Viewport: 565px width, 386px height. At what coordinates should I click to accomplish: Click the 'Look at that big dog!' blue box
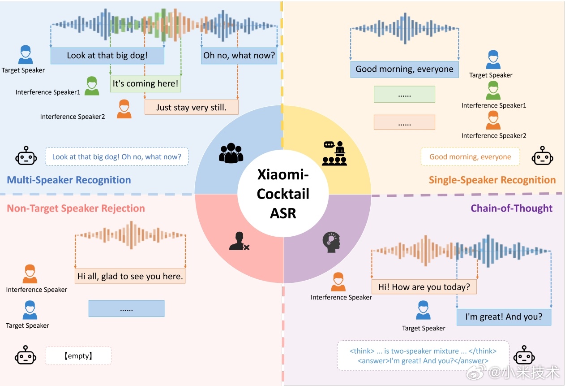click(x=107, y=56)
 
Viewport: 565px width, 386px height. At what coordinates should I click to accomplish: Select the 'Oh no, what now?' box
click(x=239, y=56)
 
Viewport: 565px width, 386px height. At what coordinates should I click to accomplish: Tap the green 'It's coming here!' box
click(x=146, y=84)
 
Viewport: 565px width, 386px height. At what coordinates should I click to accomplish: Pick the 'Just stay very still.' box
click(x=192, y=107)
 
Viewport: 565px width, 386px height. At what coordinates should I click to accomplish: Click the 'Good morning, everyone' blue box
click(x=404, y=69)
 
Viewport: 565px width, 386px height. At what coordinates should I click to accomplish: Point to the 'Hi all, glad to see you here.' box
click(x=130, y=276)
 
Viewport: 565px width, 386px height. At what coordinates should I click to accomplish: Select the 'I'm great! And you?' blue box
click(x=504, y=317)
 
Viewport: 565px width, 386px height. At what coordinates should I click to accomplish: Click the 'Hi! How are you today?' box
click(x=424, y=287)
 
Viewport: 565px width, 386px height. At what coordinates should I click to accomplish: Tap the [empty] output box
click(x=78, y=356)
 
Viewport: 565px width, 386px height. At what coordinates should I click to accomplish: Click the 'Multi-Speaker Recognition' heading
click(x=69, y=180)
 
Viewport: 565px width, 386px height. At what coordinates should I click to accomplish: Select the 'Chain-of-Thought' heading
click(x=512, y=208)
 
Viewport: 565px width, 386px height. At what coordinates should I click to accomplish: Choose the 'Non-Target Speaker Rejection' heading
click(x=76, y=208)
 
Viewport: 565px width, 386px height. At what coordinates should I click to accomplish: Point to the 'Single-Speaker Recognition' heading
click(x=492, y=180)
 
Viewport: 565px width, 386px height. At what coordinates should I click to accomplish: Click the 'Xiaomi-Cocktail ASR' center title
click(x=283, y=194)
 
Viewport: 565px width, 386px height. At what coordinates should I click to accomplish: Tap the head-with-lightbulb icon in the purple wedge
click(x=331, y=242)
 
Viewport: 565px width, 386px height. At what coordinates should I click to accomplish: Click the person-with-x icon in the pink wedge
click(x=239, y=241)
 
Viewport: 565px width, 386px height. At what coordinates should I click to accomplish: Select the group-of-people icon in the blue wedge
click(x=231, y=153)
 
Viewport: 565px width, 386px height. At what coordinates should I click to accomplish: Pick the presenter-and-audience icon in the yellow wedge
click(x=334, y=153)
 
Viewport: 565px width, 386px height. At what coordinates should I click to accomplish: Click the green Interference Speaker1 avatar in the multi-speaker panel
click(x=92, y=86)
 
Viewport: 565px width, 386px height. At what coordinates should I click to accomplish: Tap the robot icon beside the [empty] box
click(x=26, y=355)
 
